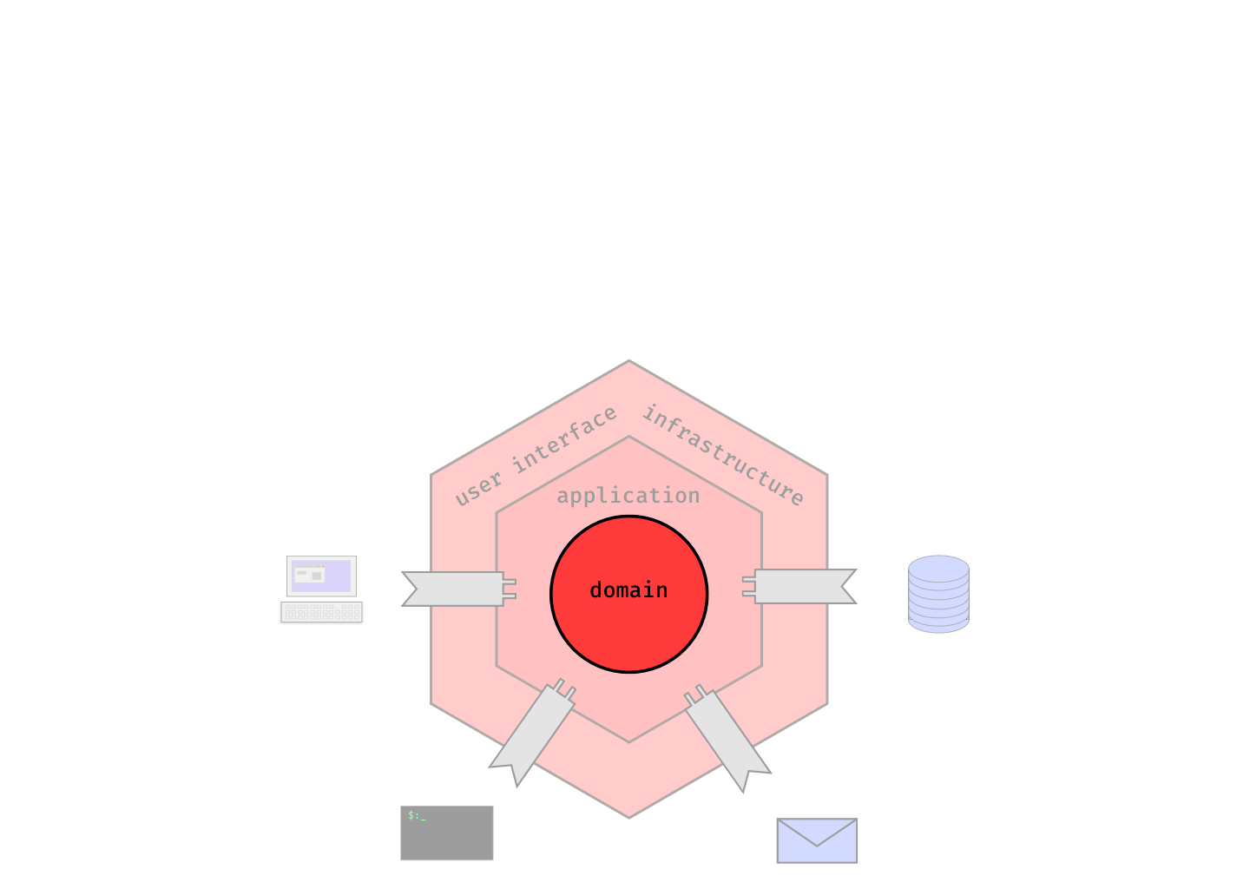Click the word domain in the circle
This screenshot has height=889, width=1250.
point(628,590)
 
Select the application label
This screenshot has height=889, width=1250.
point(628,496)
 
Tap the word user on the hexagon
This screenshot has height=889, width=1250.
point(478,488)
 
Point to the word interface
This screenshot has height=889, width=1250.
point(564,440)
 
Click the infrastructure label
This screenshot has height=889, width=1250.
point(723,455)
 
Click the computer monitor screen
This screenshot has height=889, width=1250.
point(321,576)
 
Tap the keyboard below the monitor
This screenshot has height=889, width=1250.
point(321,612)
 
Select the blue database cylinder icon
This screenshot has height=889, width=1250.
point(938,595)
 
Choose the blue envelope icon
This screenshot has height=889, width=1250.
point(817,840)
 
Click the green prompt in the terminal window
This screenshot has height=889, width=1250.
point(417,816)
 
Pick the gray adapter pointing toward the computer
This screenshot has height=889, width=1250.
point(456,589)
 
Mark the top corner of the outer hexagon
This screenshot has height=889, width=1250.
point(629,362)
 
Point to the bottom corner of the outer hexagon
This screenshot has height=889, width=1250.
point(629,817)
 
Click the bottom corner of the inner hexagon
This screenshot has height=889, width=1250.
point(629,742)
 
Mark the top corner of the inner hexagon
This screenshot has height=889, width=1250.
point(629,437)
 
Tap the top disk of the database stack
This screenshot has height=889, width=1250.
point(938,569)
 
